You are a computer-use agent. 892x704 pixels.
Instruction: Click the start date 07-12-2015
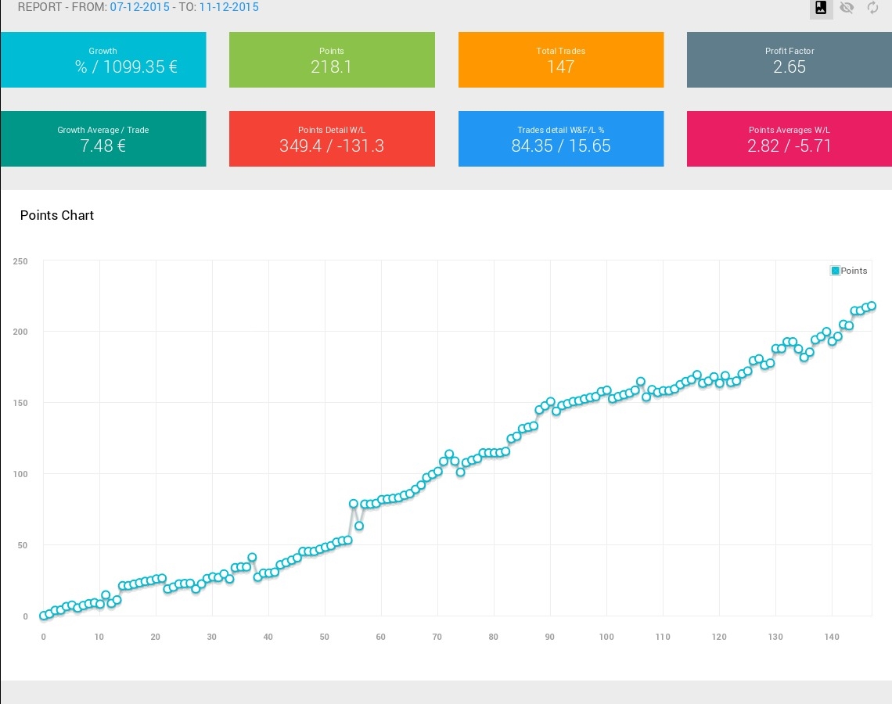click(139, 7)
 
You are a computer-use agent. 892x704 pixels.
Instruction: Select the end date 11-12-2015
click(228, 7)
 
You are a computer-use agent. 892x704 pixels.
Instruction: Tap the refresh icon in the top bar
click(873, 8)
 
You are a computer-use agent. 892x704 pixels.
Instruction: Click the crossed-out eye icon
click(847, 8)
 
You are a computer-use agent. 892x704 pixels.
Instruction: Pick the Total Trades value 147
click(561, 67)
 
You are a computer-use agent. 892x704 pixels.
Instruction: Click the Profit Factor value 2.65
click(789, 67)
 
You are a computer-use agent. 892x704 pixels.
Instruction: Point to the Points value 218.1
click(332, 67)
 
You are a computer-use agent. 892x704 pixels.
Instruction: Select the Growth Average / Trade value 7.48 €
click(103, 146)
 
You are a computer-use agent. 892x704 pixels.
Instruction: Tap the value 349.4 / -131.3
click(332, 146)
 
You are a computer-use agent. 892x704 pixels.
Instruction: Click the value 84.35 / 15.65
click(561, 146)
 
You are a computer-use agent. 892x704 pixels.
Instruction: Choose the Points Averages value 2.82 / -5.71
click(789, 146)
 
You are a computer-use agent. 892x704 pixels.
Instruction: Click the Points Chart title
click(57, 215)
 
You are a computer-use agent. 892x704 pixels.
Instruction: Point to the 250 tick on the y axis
click(20, 261)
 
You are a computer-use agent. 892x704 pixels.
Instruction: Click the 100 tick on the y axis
click(20, 474)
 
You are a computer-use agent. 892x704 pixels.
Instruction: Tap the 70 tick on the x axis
click(437, 637)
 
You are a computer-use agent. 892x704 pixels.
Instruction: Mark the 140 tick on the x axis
click(832, 637)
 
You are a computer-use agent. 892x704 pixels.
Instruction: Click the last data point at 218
click(871, 306)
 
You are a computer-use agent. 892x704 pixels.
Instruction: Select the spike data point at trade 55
click(353, 504)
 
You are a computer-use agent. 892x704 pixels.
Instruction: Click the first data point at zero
click(43, 616)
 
